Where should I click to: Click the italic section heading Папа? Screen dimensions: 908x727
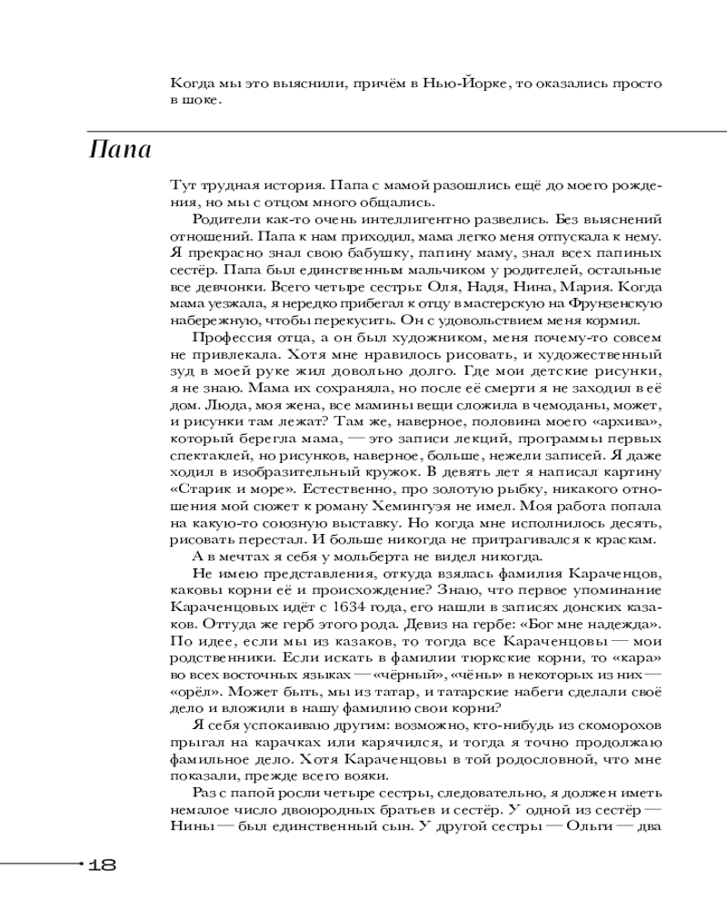[120, 149]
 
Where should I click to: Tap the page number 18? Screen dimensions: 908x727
[103, 864]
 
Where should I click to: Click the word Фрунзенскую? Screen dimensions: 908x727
[613, 303]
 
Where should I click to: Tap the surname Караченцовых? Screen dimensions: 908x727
[222, 607]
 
